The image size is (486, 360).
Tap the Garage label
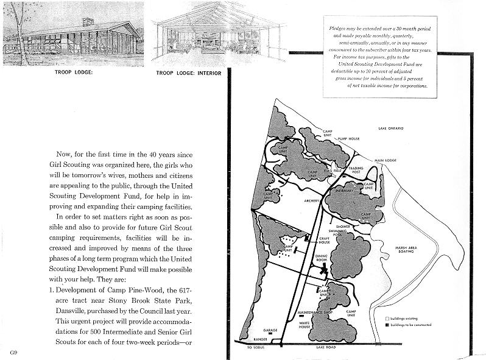point(270,331)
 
